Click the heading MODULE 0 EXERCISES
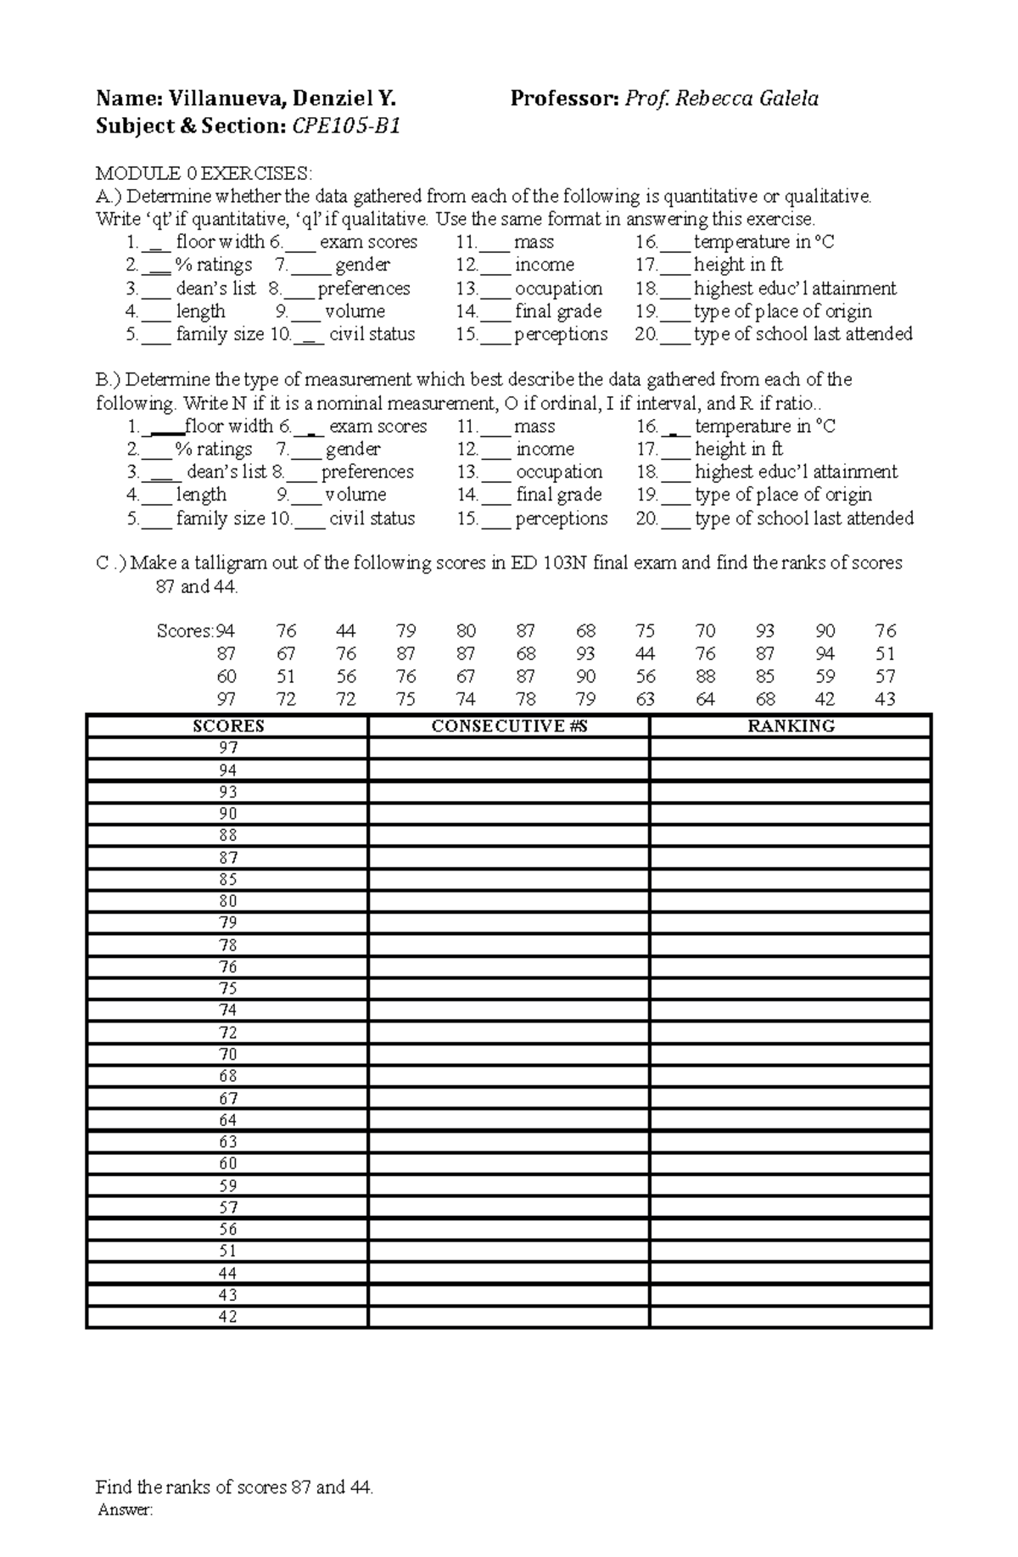[x=204, y=174]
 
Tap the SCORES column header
[x=228, y=726]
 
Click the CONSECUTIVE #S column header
[x=509, y=726]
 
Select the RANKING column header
[x=791, y=726]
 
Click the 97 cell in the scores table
[x=228, y=748]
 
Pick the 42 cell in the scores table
[x=228, y=1317]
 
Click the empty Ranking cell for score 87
[x=791, y=858]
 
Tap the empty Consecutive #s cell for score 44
[x=509, y=1273]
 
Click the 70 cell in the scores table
[x=228, y=1054]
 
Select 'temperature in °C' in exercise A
[x=763, y=243]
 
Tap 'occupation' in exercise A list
[x=558, y=288]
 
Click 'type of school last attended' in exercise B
[x=804, y=518]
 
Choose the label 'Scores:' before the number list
[x=185, y=631]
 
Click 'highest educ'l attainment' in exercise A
[x=795, y=288]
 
